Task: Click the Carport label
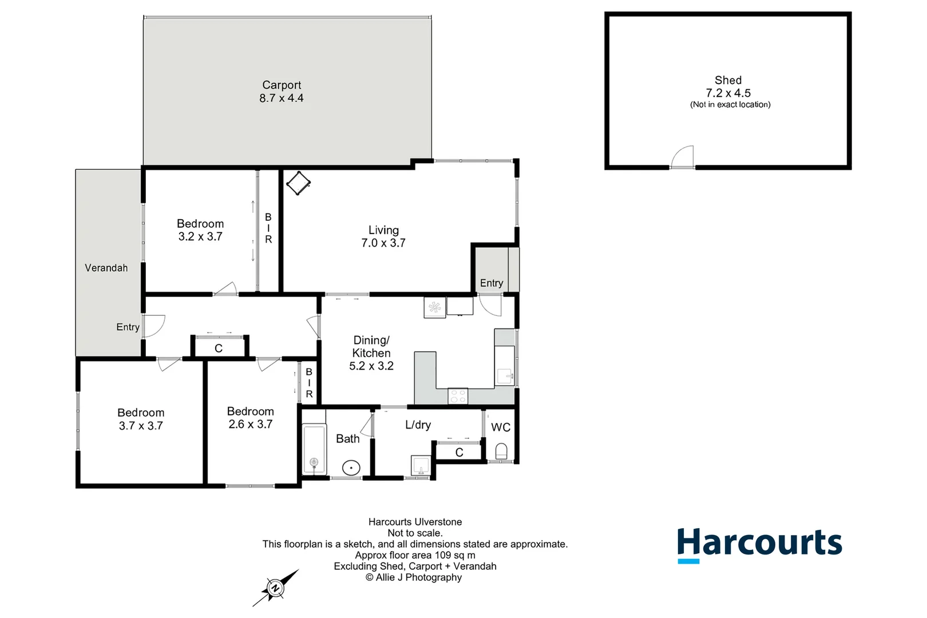coord(282,85)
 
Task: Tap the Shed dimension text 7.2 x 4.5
coord(728,93)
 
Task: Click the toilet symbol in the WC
coord(501,451)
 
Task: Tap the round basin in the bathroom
coord(351,468)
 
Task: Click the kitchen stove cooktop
coord(458,395)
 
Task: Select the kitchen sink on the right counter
coord(505,376)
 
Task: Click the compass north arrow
coord(276,588)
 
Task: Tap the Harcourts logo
coord(759,544)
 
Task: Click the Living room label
coord(383,230)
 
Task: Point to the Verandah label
coord(106,268)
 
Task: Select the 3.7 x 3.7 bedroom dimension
coord(141,426)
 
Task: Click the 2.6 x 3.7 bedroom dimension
coord(250,424)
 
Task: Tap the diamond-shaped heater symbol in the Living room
coord(298,183)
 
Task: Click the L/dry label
coord(418,425)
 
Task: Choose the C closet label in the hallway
coord(219,348)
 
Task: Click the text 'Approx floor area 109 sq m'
coord(415,555)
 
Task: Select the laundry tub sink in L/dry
coord(421,465)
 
